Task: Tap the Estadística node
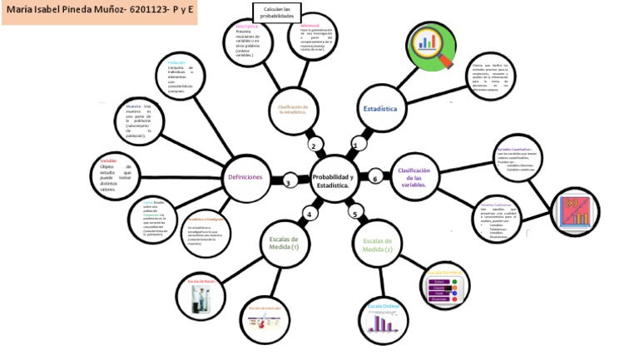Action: click(379, 109)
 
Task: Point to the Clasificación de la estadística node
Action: click(293, 111)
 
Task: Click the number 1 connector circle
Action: click(355, 145)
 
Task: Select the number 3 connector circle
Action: click(288, 183)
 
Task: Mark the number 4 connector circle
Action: click(309, 215)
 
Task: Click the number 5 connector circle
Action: click(354, 215)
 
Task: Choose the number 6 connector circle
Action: click(375, 179)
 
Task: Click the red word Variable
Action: click(108, 160)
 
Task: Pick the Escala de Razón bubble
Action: click(200, 297)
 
